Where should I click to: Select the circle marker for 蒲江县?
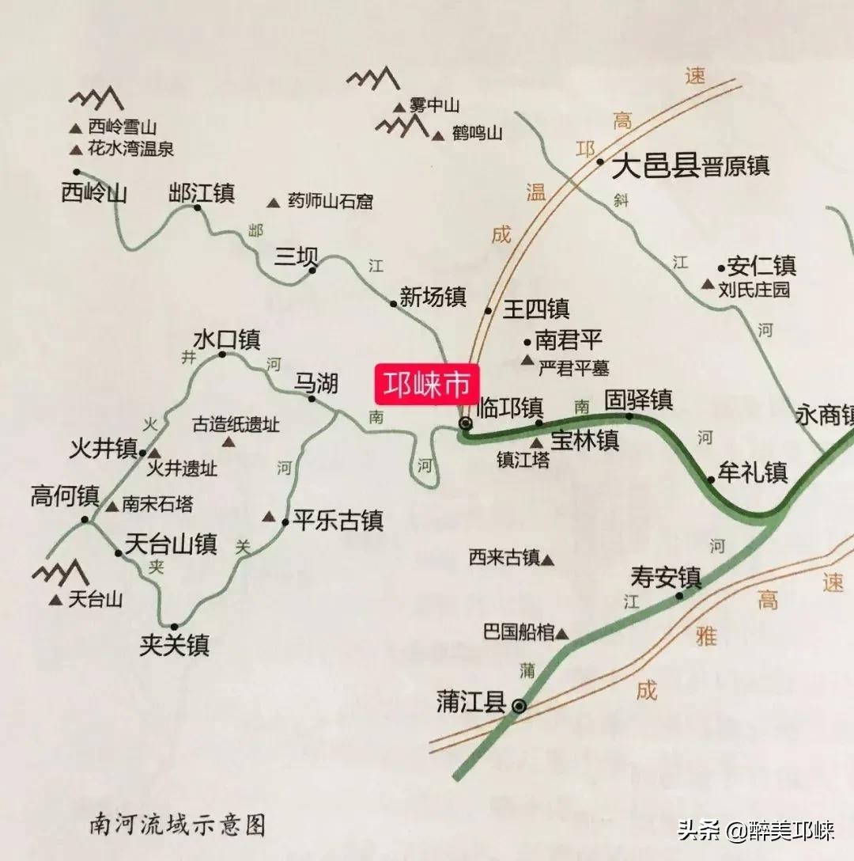pos(519,705)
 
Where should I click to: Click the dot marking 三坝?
pos(312,270)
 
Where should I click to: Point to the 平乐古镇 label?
pos(338,521)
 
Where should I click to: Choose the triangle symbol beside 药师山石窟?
pos(274,203)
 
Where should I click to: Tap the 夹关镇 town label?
pos(174,646)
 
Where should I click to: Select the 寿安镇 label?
pos(666,576)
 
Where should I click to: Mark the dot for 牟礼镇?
pos(710,479)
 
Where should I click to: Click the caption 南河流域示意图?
pos(178,825)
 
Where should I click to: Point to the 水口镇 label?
pos(227,339)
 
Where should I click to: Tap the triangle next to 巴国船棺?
pos(561,633)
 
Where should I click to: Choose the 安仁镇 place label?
pos(761,266)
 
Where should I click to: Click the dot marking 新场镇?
pos(393,303)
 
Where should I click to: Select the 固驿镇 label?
pos(638,400)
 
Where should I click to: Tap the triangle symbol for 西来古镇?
pos(547,560)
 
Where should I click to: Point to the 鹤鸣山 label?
pos(478,133)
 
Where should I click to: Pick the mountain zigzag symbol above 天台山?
pos(60,571)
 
